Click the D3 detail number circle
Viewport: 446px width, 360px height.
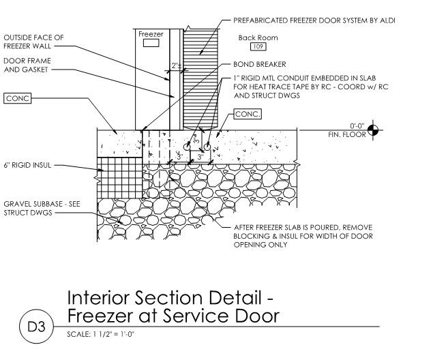35,327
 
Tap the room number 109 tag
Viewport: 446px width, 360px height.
258,46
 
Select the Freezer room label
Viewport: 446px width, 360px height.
151,33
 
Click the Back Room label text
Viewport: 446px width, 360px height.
256,37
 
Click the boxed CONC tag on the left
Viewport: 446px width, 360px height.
17,98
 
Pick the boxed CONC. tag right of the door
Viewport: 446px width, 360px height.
248,114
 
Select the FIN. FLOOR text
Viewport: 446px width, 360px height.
344,134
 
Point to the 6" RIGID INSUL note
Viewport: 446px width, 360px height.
28,165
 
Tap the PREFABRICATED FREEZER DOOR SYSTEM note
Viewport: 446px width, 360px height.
314,20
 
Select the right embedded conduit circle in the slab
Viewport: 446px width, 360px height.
206,147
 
